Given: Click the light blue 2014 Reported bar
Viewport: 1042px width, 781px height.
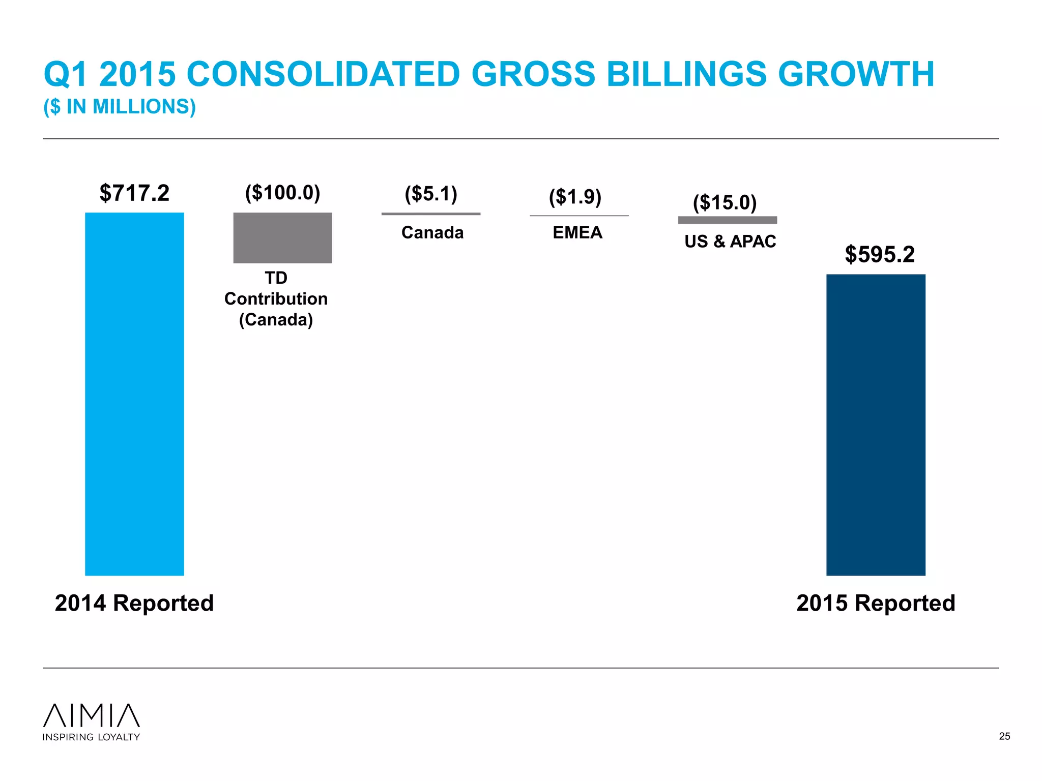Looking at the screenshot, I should coord(134,394).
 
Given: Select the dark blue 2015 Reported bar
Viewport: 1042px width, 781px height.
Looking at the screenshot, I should coord(876,425).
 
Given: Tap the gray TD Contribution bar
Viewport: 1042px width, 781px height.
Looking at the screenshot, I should coord(282,237).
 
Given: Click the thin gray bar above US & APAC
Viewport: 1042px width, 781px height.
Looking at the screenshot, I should coord(727,220).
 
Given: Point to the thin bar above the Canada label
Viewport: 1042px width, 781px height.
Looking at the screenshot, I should coord(431,214).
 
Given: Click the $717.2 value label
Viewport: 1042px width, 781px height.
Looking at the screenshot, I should coord(134,193).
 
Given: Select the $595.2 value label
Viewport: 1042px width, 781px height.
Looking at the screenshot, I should coord(880,254).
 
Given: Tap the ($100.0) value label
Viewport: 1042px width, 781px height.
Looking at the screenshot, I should coord(282,193).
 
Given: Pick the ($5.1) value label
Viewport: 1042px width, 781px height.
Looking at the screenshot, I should coord(431,194).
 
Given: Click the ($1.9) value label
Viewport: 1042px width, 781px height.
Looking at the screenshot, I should coord(575,196).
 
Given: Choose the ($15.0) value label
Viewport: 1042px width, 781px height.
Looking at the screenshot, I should coord(725,202).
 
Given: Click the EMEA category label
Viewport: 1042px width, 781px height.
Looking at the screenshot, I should coord(577,232).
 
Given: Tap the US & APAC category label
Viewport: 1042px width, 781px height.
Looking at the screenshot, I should coord(730,241).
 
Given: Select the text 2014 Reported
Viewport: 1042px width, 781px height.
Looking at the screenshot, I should coord(134,603).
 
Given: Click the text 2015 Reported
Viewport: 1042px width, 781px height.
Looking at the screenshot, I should coord(876,603).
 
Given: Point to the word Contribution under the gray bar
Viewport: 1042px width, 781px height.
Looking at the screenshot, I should coord(276,298).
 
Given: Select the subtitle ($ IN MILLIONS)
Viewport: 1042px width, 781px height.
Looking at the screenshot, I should coord(120,107).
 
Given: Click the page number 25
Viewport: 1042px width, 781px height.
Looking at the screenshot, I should coord(1004,736).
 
